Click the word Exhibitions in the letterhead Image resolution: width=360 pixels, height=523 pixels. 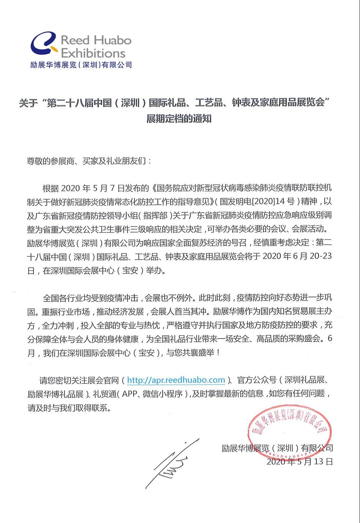coord(93,54)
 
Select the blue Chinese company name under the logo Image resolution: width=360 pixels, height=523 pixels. coord(81,65)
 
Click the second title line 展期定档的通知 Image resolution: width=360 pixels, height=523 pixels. coord(179,119)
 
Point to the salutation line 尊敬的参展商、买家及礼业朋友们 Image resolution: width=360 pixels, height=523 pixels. coord(89,161)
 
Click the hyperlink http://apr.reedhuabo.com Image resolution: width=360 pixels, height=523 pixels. coord(176,380)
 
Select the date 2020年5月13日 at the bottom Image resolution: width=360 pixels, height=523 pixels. coord(300,461)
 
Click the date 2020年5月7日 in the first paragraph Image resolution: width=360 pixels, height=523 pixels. coord(93,188)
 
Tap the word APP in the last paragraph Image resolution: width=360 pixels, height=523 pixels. coord(130,394)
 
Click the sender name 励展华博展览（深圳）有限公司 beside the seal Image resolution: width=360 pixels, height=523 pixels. coord(277,448)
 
